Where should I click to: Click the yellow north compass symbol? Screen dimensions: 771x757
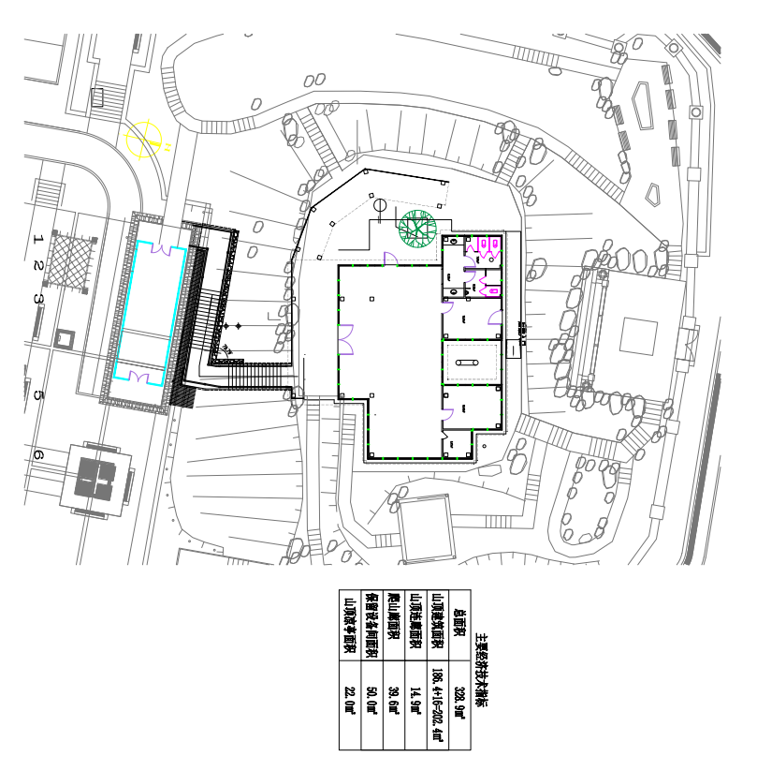coord(145,139)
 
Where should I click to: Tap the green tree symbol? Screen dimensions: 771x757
coord(417,228)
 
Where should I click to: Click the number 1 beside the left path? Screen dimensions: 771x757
coord(38,239)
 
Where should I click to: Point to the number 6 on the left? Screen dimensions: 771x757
coord(38,454)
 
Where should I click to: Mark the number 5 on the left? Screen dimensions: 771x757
coord(38,395)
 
